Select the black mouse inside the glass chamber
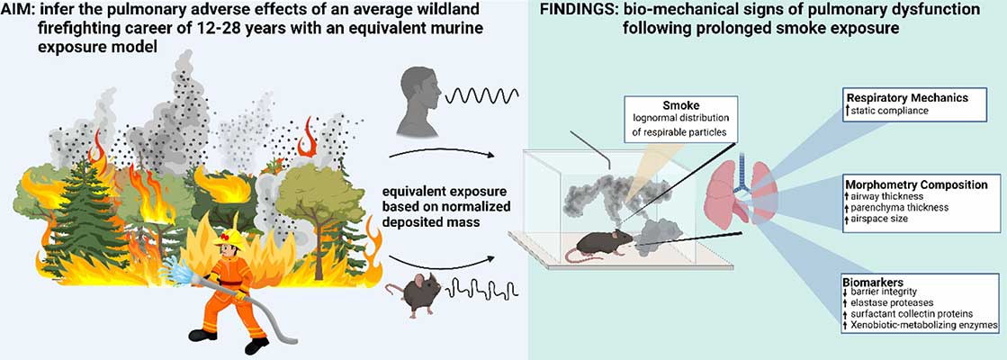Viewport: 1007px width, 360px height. pos(600,243)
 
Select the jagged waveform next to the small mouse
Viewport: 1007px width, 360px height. pos(476,292)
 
